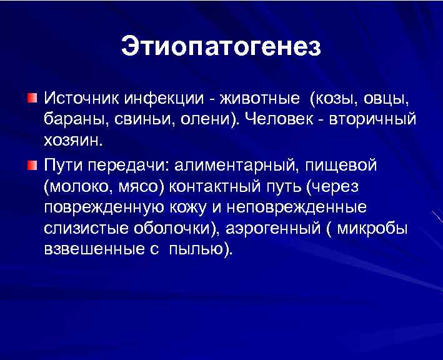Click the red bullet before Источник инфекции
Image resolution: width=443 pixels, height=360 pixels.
32,98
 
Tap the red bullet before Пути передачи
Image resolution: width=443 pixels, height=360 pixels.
32,164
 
